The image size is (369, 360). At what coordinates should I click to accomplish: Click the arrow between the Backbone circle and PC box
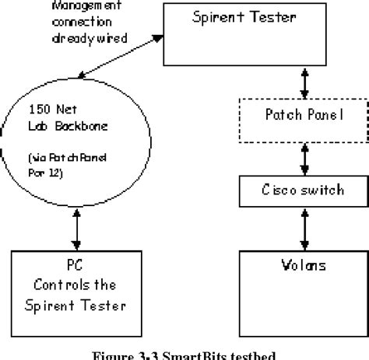[x=75, y=229]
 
